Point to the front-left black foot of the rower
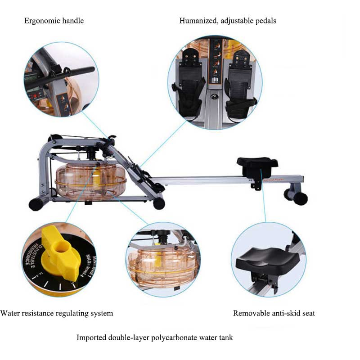36,204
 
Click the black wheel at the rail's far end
300,198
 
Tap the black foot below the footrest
159,203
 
